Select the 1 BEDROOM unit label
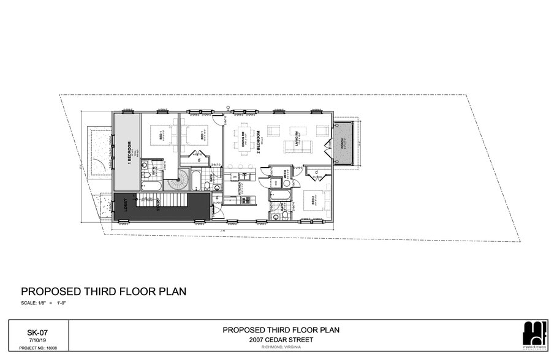(x=130, y=151)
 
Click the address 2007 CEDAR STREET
(x=281, y=340)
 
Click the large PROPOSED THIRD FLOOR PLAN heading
(x=104, y=291)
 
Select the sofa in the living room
(x=297, y=147)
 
